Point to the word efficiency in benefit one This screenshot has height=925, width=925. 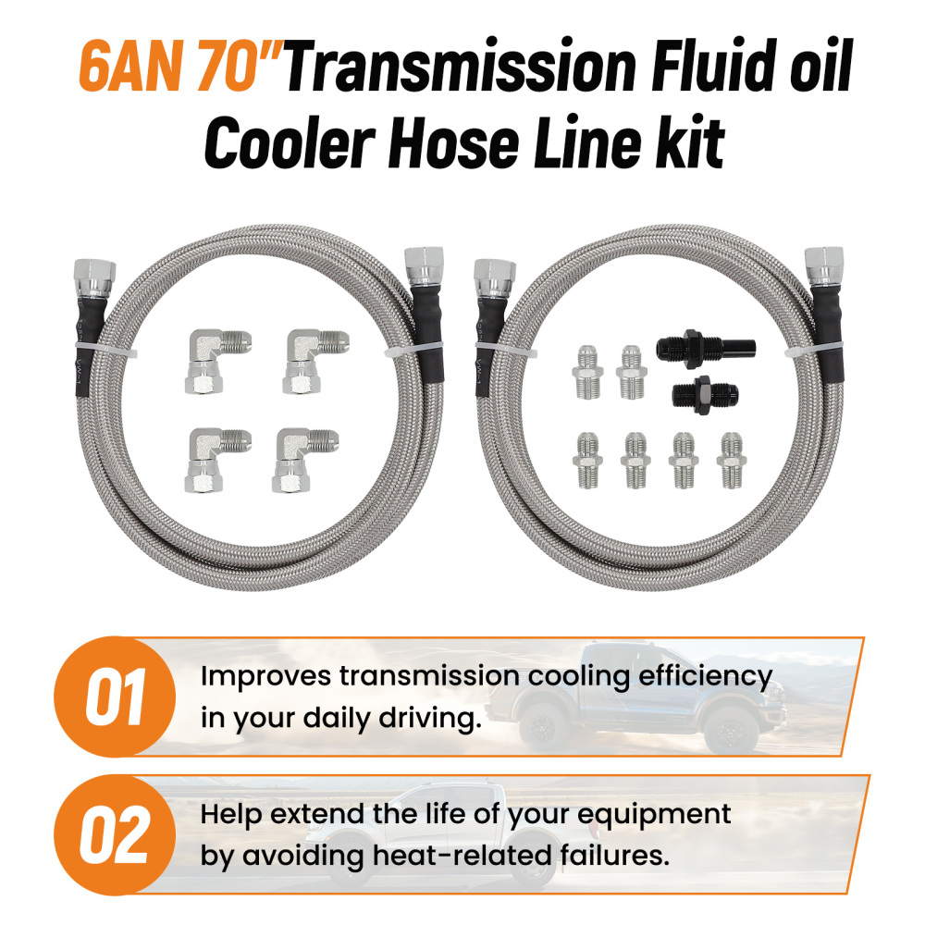click(702, 676)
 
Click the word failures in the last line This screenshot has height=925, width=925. click(619, 856)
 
